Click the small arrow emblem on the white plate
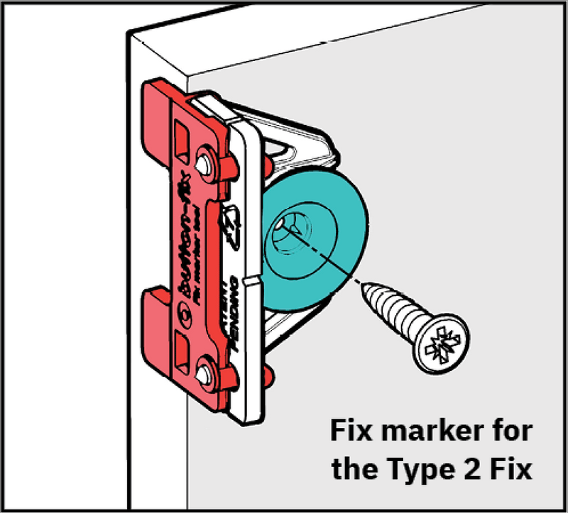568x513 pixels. click(233, 219)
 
